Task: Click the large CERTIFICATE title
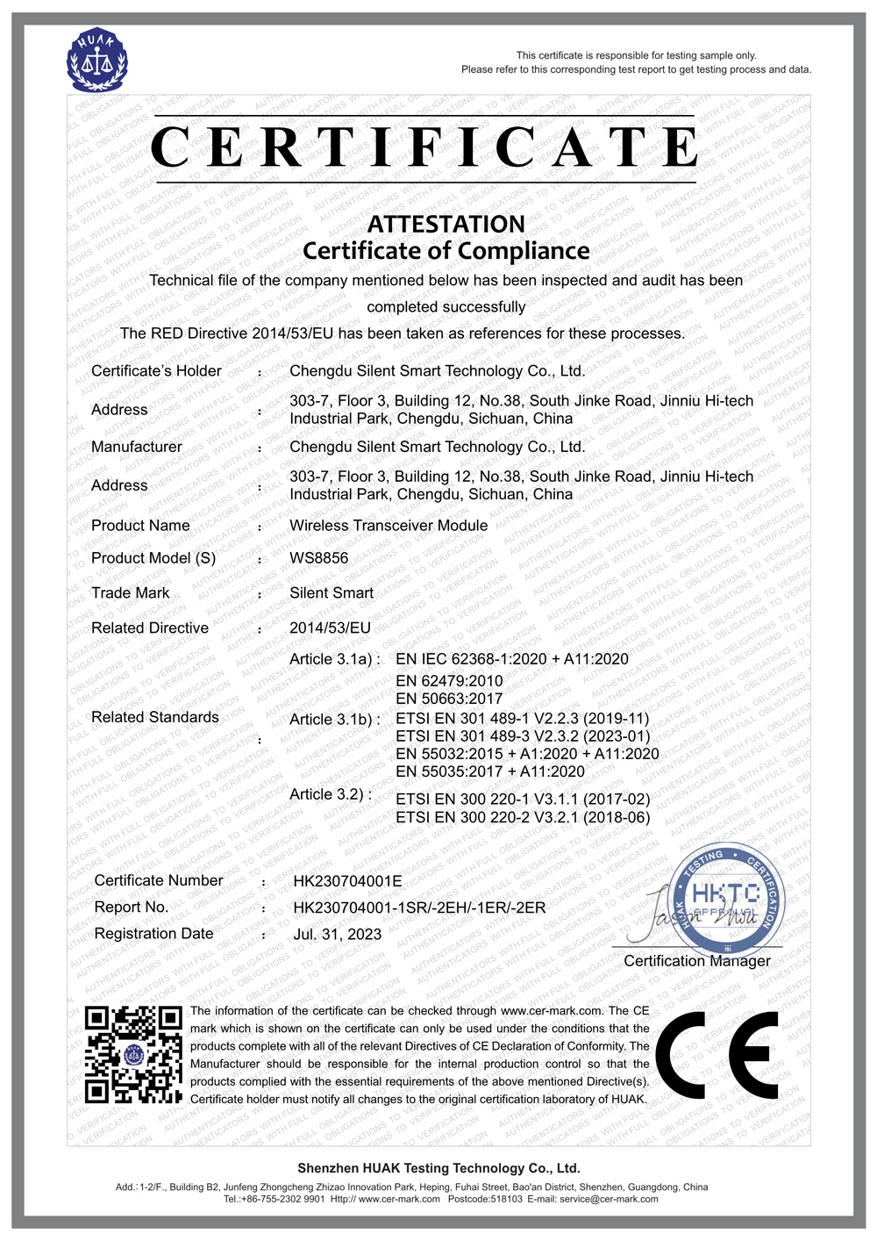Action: tap(424, 147)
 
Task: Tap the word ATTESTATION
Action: tap(446, 224)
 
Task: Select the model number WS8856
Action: tap(318, 558)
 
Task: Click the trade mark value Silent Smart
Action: tap(332, 593)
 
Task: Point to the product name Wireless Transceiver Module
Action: tap(389, 526)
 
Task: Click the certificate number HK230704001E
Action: tap(347, 881)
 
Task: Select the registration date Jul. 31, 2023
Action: tap(337, 935)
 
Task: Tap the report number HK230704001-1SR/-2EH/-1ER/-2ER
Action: tap(419, 907)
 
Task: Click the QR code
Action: tap(133, 1054)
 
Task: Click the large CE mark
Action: tap(717, 1056)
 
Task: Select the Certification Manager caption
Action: tap(697, 961)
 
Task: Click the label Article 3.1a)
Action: tap(334, 659)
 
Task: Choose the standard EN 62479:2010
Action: tap(449, 681)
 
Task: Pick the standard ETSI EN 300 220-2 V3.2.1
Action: tap(523, 818)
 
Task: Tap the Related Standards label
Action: tap(155, 718)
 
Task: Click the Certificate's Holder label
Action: tap(156, 371)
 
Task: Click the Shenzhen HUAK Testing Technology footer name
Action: tap(438, 1168)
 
